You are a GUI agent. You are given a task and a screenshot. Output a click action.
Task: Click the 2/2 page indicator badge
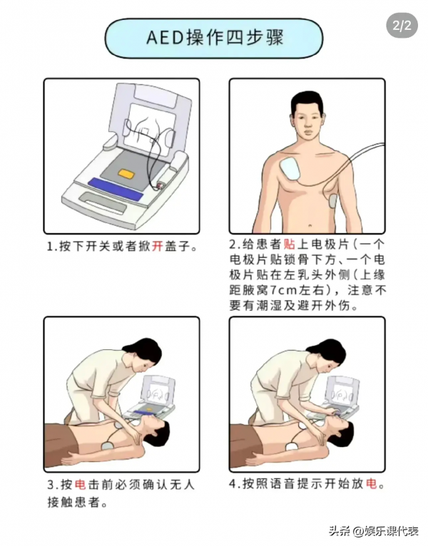(402, 25)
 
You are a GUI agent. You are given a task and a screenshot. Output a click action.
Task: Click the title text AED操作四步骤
(215, 38)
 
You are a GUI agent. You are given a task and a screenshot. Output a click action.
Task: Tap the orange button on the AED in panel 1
(126, 173)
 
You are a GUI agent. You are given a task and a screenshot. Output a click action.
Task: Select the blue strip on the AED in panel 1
(116, 189)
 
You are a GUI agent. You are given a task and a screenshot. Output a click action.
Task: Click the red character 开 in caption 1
(157, 247)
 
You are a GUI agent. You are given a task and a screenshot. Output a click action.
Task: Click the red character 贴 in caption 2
(290, 244)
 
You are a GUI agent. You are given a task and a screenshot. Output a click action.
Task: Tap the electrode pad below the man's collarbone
(290, 168)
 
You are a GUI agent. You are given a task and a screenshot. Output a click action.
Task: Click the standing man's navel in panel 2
(310, 226)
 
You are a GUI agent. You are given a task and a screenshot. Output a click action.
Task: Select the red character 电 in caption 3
(80, 485)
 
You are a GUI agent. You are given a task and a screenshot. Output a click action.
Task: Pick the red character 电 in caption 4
(372, 483)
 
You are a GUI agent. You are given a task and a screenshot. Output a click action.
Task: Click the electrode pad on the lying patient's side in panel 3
(108, 445)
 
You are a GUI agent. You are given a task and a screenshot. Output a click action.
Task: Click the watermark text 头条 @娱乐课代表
(374, 531)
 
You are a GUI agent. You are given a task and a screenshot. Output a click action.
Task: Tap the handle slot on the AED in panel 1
(103, 203)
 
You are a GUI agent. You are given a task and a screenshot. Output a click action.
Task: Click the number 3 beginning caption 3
(51, 485)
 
